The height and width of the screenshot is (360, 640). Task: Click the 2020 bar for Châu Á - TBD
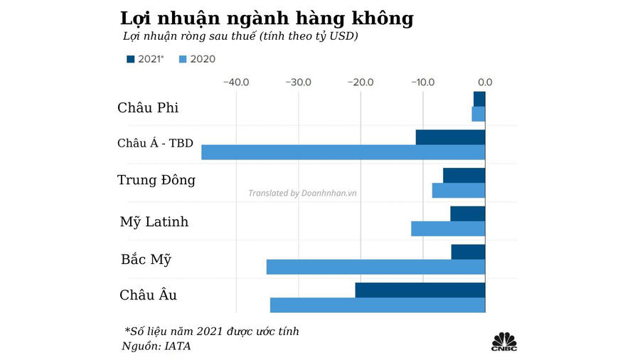(x=343, y=152)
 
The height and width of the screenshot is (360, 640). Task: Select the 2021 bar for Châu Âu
(x=420, y=290)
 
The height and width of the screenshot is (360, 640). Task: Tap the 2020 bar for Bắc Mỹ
(x=375, y=267)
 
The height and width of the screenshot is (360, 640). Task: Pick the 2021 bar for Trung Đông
(x=464, y=175)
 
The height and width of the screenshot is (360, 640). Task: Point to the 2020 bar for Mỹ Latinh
(x=448, y=228)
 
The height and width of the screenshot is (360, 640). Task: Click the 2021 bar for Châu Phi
(x=479, y=99)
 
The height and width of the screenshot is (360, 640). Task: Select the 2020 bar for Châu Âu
(x=377, y=305)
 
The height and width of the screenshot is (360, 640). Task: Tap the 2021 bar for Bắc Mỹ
(x=468, y=252)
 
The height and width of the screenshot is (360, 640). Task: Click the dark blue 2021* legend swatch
(x=130, y=59)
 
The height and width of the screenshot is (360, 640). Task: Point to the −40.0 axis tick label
(x=236, y=82)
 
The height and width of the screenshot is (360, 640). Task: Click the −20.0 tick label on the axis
(x=361, y=82)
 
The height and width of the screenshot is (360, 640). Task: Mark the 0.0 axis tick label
(x=484, y=82)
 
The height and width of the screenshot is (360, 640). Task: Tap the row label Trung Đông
(x=156, y=180)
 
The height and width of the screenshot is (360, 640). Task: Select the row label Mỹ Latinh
(x=154, y=222)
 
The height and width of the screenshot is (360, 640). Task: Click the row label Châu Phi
(x=148, y=108)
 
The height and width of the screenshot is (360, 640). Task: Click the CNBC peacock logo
(x=504, y=341)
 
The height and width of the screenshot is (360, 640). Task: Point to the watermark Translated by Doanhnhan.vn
(x=302, y=193)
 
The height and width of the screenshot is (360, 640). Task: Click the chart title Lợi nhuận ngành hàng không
(x=267, y=18)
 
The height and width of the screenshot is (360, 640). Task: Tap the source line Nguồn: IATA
(x=157, y=346)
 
